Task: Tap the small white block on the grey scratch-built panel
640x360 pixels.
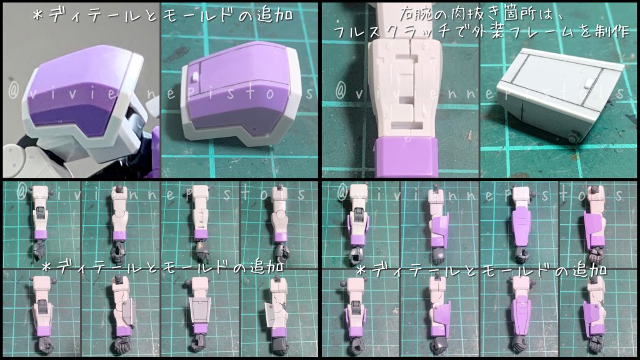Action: click(589, 82)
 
